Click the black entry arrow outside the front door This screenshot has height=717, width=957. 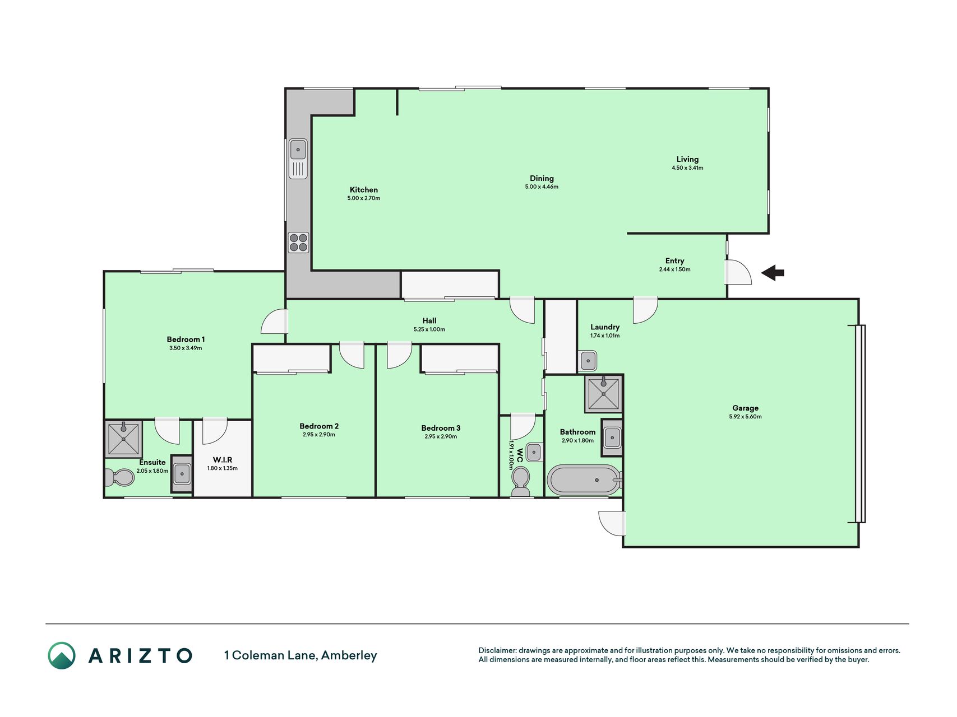(x=773, y=273)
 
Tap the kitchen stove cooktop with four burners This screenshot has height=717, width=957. (x=298, y=243)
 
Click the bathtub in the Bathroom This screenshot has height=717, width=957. (x=585, y=480)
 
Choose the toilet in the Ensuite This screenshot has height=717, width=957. (x=120, y=478)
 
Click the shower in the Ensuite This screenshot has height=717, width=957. (x=123, y=439)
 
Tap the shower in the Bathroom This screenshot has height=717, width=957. (x=604, y=394)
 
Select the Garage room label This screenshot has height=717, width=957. (x=745, y=408)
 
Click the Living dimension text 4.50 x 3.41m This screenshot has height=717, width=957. (x=687, y=168)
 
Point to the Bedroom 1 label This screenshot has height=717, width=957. (x=186, y=339)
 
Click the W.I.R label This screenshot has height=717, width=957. (x=223, y=460)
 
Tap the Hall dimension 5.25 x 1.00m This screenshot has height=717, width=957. (x=429, y=329)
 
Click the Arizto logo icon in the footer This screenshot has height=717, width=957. (x=62, y=655)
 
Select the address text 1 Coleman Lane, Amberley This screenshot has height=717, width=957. (x=300, y=655)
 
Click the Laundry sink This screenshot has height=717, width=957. (x=588, y=361)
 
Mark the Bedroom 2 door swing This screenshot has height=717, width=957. (x=352, y=356)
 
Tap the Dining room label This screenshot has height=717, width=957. (x=542, y=179)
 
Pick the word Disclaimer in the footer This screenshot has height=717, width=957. (x=497, y=650)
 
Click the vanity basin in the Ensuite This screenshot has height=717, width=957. (x=182, y=474)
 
